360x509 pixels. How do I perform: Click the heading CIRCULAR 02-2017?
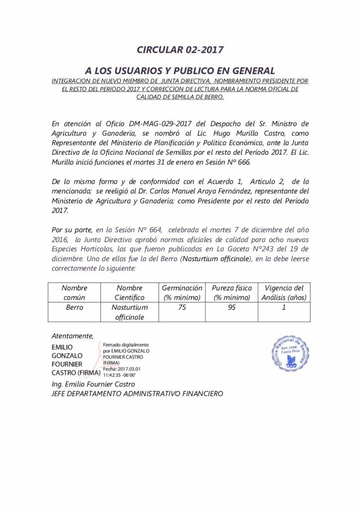(x=180, y=50)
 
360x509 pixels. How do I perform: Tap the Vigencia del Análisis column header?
(x=284, y=292)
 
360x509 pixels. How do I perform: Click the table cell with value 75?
(x=182, y=308)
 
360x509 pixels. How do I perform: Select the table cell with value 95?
(x=232, y=308)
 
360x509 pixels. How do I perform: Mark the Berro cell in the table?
(x=74, y=308)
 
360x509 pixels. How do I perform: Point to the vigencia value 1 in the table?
(x=284, y=308)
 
